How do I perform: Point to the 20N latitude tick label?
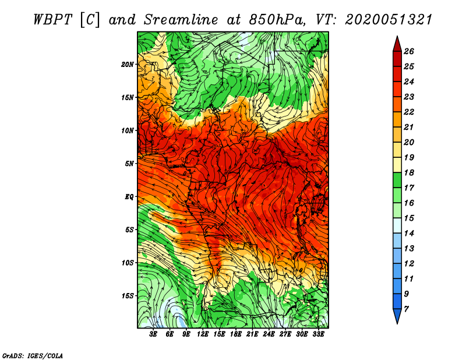(x=128, y=64)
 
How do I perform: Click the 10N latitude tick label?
(x=128, y=130)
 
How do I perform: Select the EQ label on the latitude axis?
(x=129, y=196)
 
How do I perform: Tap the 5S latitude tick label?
(x=129, y=230)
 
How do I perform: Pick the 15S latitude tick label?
(x=128, y=296)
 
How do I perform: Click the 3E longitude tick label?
(x=154, y=335)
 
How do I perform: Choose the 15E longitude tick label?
(x=219, y=335)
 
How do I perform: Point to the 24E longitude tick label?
(x=269, y=335)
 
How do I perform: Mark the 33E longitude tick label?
(x=318, y=335)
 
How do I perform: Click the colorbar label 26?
(x=409, y=51)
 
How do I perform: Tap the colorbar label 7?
(x=407, y=308)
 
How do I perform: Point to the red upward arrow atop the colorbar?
(x=397, y=43)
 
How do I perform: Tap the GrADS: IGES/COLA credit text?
(x=32, y=355)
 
